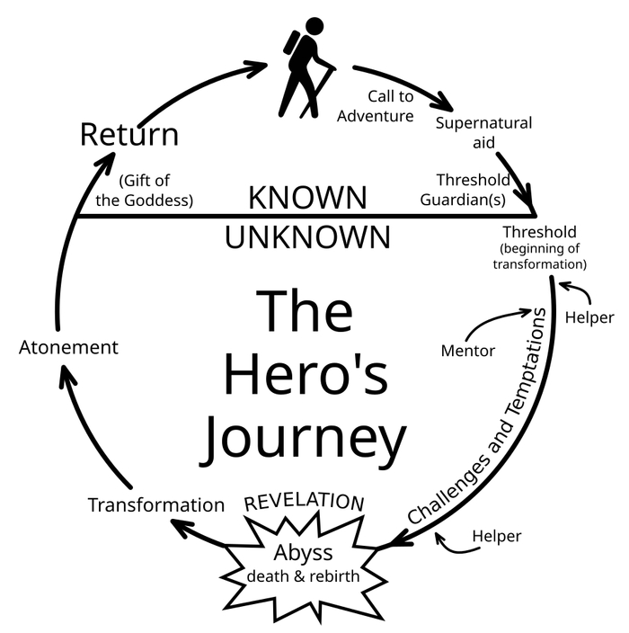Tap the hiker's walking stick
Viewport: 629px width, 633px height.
tap(320, 90)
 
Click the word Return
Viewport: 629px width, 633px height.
tap(128, 135)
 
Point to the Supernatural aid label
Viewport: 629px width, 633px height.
tap(483, 132)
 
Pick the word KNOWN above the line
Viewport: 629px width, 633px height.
tap(307, 197)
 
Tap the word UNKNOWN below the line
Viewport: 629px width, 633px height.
tap(307, 237)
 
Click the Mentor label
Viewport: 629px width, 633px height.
tap(467, 350)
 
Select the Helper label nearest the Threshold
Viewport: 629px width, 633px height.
tap(589, 317)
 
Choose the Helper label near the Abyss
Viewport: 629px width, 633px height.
tap(496, 537)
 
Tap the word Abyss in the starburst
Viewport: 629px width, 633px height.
tap(303, 552)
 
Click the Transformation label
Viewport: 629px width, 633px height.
tap(155, 504)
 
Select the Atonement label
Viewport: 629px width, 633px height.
tap(68, 346)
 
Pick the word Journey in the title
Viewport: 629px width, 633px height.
tap(303, 438)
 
